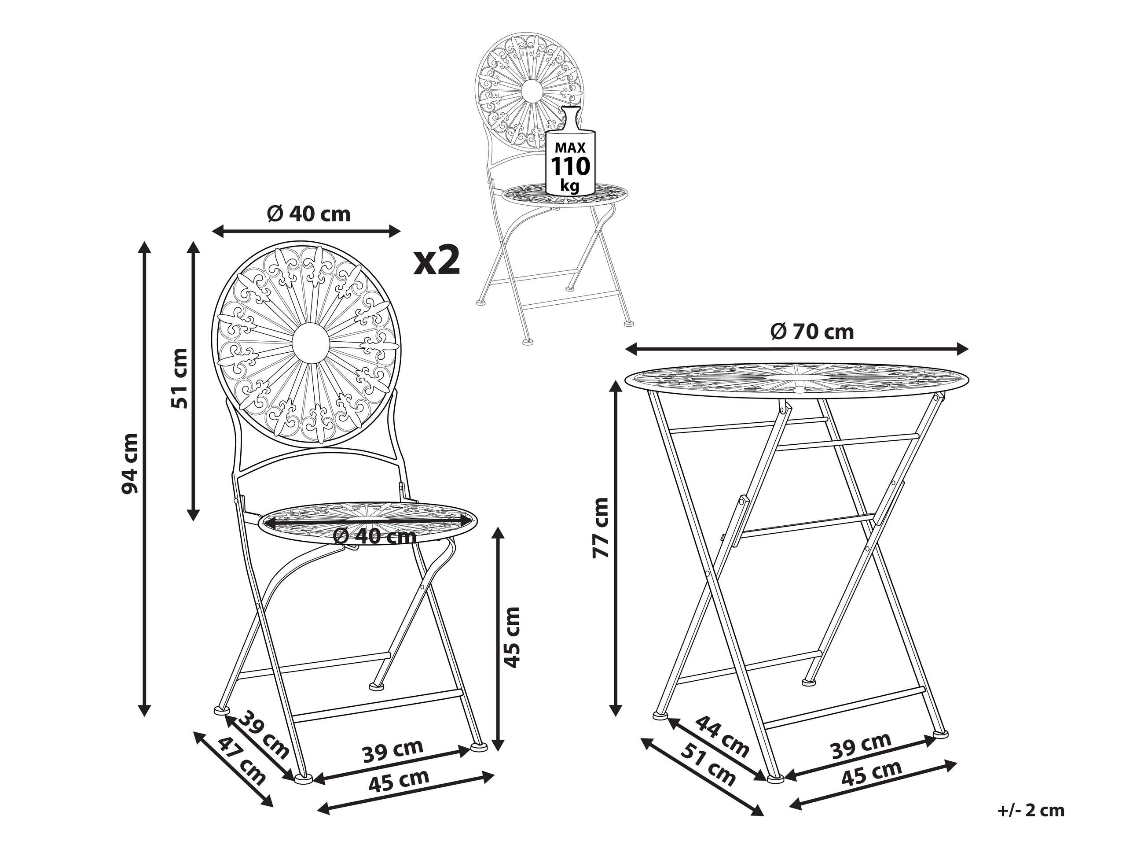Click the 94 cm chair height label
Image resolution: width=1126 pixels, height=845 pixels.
[129, 464]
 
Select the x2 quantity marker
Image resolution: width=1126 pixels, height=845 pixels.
[436, 260]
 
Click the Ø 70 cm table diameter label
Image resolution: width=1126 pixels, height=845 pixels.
[812, 332]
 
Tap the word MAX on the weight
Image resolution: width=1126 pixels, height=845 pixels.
[571, 148]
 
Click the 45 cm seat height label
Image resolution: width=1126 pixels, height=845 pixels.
[510, 637]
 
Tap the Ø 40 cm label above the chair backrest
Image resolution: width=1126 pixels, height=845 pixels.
[309, 214]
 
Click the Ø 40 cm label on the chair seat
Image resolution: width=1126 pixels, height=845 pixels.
[374, 536]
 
